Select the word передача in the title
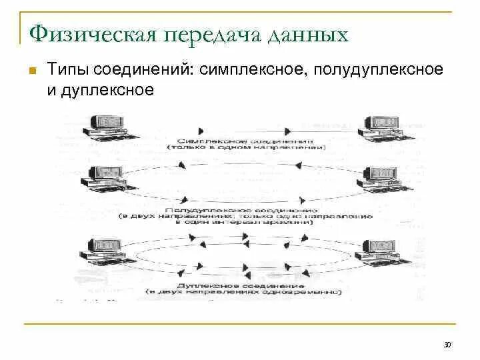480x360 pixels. click(x=209, y=33)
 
